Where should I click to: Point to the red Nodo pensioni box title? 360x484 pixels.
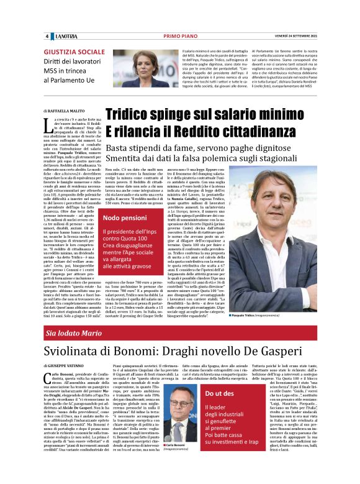tap(126, 218)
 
